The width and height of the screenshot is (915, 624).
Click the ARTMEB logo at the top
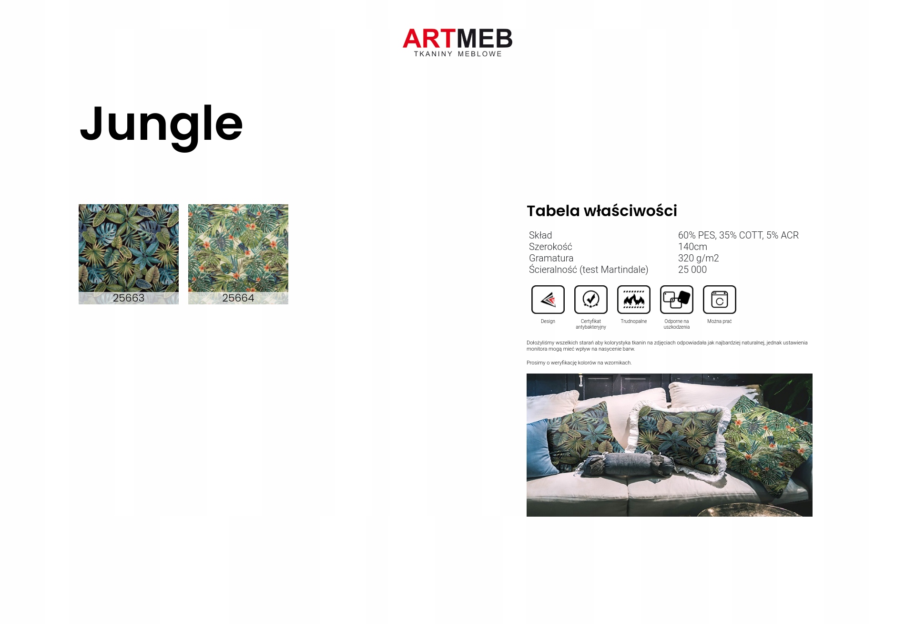pyautogui.click(x=457, y=42)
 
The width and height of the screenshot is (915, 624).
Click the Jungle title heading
pyautogui.click(x=161, y=125)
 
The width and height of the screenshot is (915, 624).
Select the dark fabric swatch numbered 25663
pyautogui.click(x=129, y=254)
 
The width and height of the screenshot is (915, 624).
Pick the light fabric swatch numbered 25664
pyautogui.click(x=238, y=254)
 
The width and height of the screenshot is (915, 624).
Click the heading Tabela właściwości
pyautogui.click(x=602, y=211)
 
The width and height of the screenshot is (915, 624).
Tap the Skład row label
pyautogui.click(x=540, y=235)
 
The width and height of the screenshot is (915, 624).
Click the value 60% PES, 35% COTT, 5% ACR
pyautogui.click(x=738, y=235)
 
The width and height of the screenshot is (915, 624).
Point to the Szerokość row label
pyautogui.click(x=550, y=247)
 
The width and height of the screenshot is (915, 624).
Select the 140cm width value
pyautogui.click(x=692, y=247)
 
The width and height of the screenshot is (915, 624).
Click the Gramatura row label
pyautogui.click(x=551, y=258)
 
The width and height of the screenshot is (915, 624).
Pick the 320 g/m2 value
pyautogui.click(x=698, y=258)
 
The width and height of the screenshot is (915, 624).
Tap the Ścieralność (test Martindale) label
pyautogui.click(x=589, y=270)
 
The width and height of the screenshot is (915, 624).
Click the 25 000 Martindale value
pyautogui.click(x=692, y=270)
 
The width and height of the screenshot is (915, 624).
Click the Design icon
pyautogui.click(x=548, y=300)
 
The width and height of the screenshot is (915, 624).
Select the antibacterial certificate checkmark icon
pyautogui.click(x=591, y=300)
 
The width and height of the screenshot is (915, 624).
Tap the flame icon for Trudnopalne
pyautogui.click(x=634, y=300)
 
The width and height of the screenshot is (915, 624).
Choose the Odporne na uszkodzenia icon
pyautogui.click(x=677, y=300)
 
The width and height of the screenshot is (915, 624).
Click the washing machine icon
pyautogui.click(x=720, y=300)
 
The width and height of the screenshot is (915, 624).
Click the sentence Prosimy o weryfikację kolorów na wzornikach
pyautogui.click(x=579, y=363)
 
